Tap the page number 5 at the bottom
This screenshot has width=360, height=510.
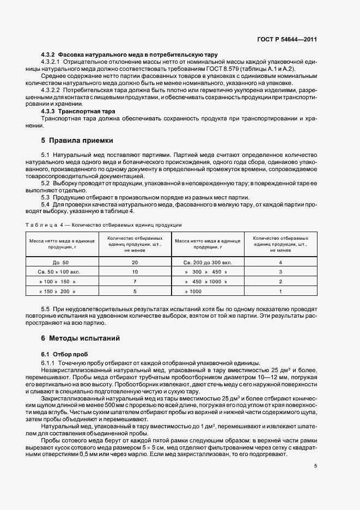point(315,465)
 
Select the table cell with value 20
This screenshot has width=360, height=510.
point(135,262)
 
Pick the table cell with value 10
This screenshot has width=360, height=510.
point(135,271)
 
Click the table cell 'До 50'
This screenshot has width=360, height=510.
point(61,262)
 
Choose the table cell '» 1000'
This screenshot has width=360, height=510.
point(193,292)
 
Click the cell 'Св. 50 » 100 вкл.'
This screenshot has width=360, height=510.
point(61,271)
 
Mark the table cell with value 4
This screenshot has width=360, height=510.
point(280,262)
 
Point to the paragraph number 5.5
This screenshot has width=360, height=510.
point(46,309)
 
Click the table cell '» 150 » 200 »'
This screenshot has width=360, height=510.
point(61,292)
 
